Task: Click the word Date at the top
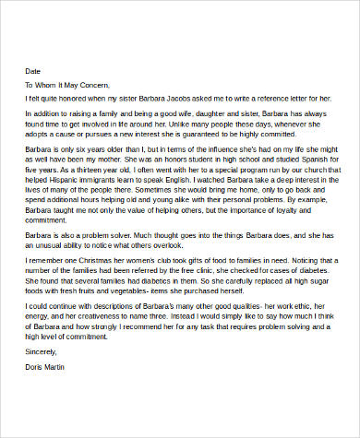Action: pos(32,70)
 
